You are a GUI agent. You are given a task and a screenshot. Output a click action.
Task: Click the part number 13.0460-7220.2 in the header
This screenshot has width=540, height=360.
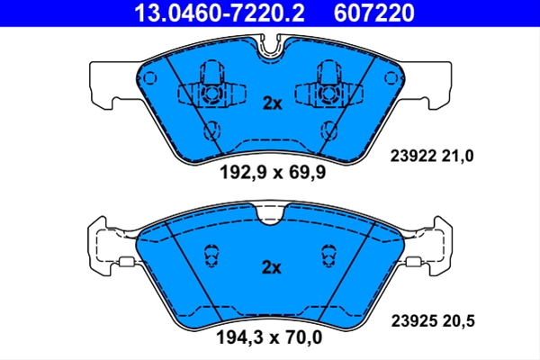coord(219,13)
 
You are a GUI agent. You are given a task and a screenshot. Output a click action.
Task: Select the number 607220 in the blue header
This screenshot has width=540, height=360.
coord(374,13)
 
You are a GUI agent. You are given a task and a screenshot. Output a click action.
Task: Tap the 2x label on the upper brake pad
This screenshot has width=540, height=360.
coord(272,103)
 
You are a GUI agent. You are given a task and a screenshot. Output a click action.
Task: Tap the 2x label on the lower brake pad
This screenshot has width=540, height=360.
coord(272,267)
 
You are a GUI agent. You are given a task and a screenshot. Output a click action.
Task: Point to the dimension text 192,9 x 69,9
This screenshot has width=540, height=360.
coord(273,172)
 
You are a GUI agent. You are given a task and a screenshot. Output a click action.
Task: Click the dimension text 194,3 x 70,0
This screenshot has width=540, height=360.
coord(269,337)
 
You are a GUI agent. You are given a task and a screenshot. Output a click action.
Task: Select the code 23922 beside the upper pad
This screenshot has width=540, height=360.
coord(413,156)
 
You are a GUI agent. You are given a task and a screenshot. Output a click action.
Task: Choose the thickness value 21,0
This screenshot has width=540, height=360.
coord(457,156)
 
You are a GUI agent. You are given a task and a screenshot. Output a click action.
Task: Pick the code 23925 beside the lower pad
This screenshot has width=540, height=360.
coord(414,321)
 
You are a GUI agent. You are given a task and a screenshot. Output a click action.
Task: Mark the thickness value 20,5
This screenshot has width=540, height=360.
coord(458,321)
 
